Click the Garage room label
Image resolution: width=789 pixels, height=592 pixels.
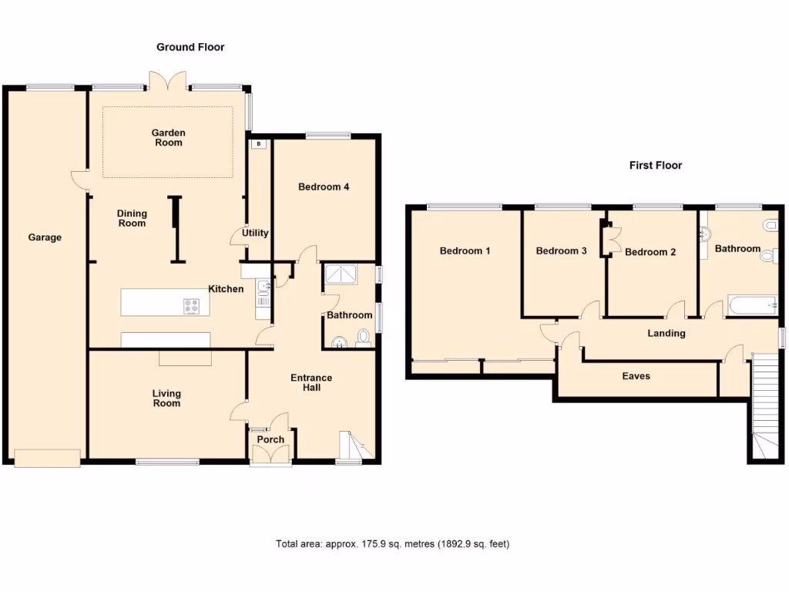45,237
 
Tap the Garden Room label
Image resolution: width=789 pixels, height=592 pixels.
168,138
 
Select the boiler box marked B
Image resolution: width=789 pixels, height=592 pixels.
258,143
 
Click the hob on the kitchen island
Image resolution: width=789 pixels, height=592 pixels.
192,306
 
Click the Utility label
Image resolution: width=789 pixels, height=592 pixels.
254,233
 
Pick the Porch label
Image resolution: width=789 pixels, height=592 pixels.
270,439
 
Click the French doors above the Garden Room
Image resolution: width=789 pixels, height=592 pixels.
168,80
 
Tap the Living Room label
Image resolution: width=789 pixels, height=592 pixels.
166,398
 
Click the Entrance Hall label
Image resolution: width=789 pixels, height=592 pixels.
311,382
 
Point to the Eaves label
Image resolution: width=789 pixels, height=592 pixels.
636,376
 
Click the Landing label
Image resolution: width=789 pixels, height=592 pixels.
666,334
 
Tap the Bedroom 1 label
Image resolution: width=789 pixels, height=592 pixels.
465,251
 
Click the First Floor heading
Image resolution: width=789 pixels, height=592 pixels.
656,165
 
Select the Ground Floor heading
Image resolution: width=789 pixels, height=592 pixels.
190,47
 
